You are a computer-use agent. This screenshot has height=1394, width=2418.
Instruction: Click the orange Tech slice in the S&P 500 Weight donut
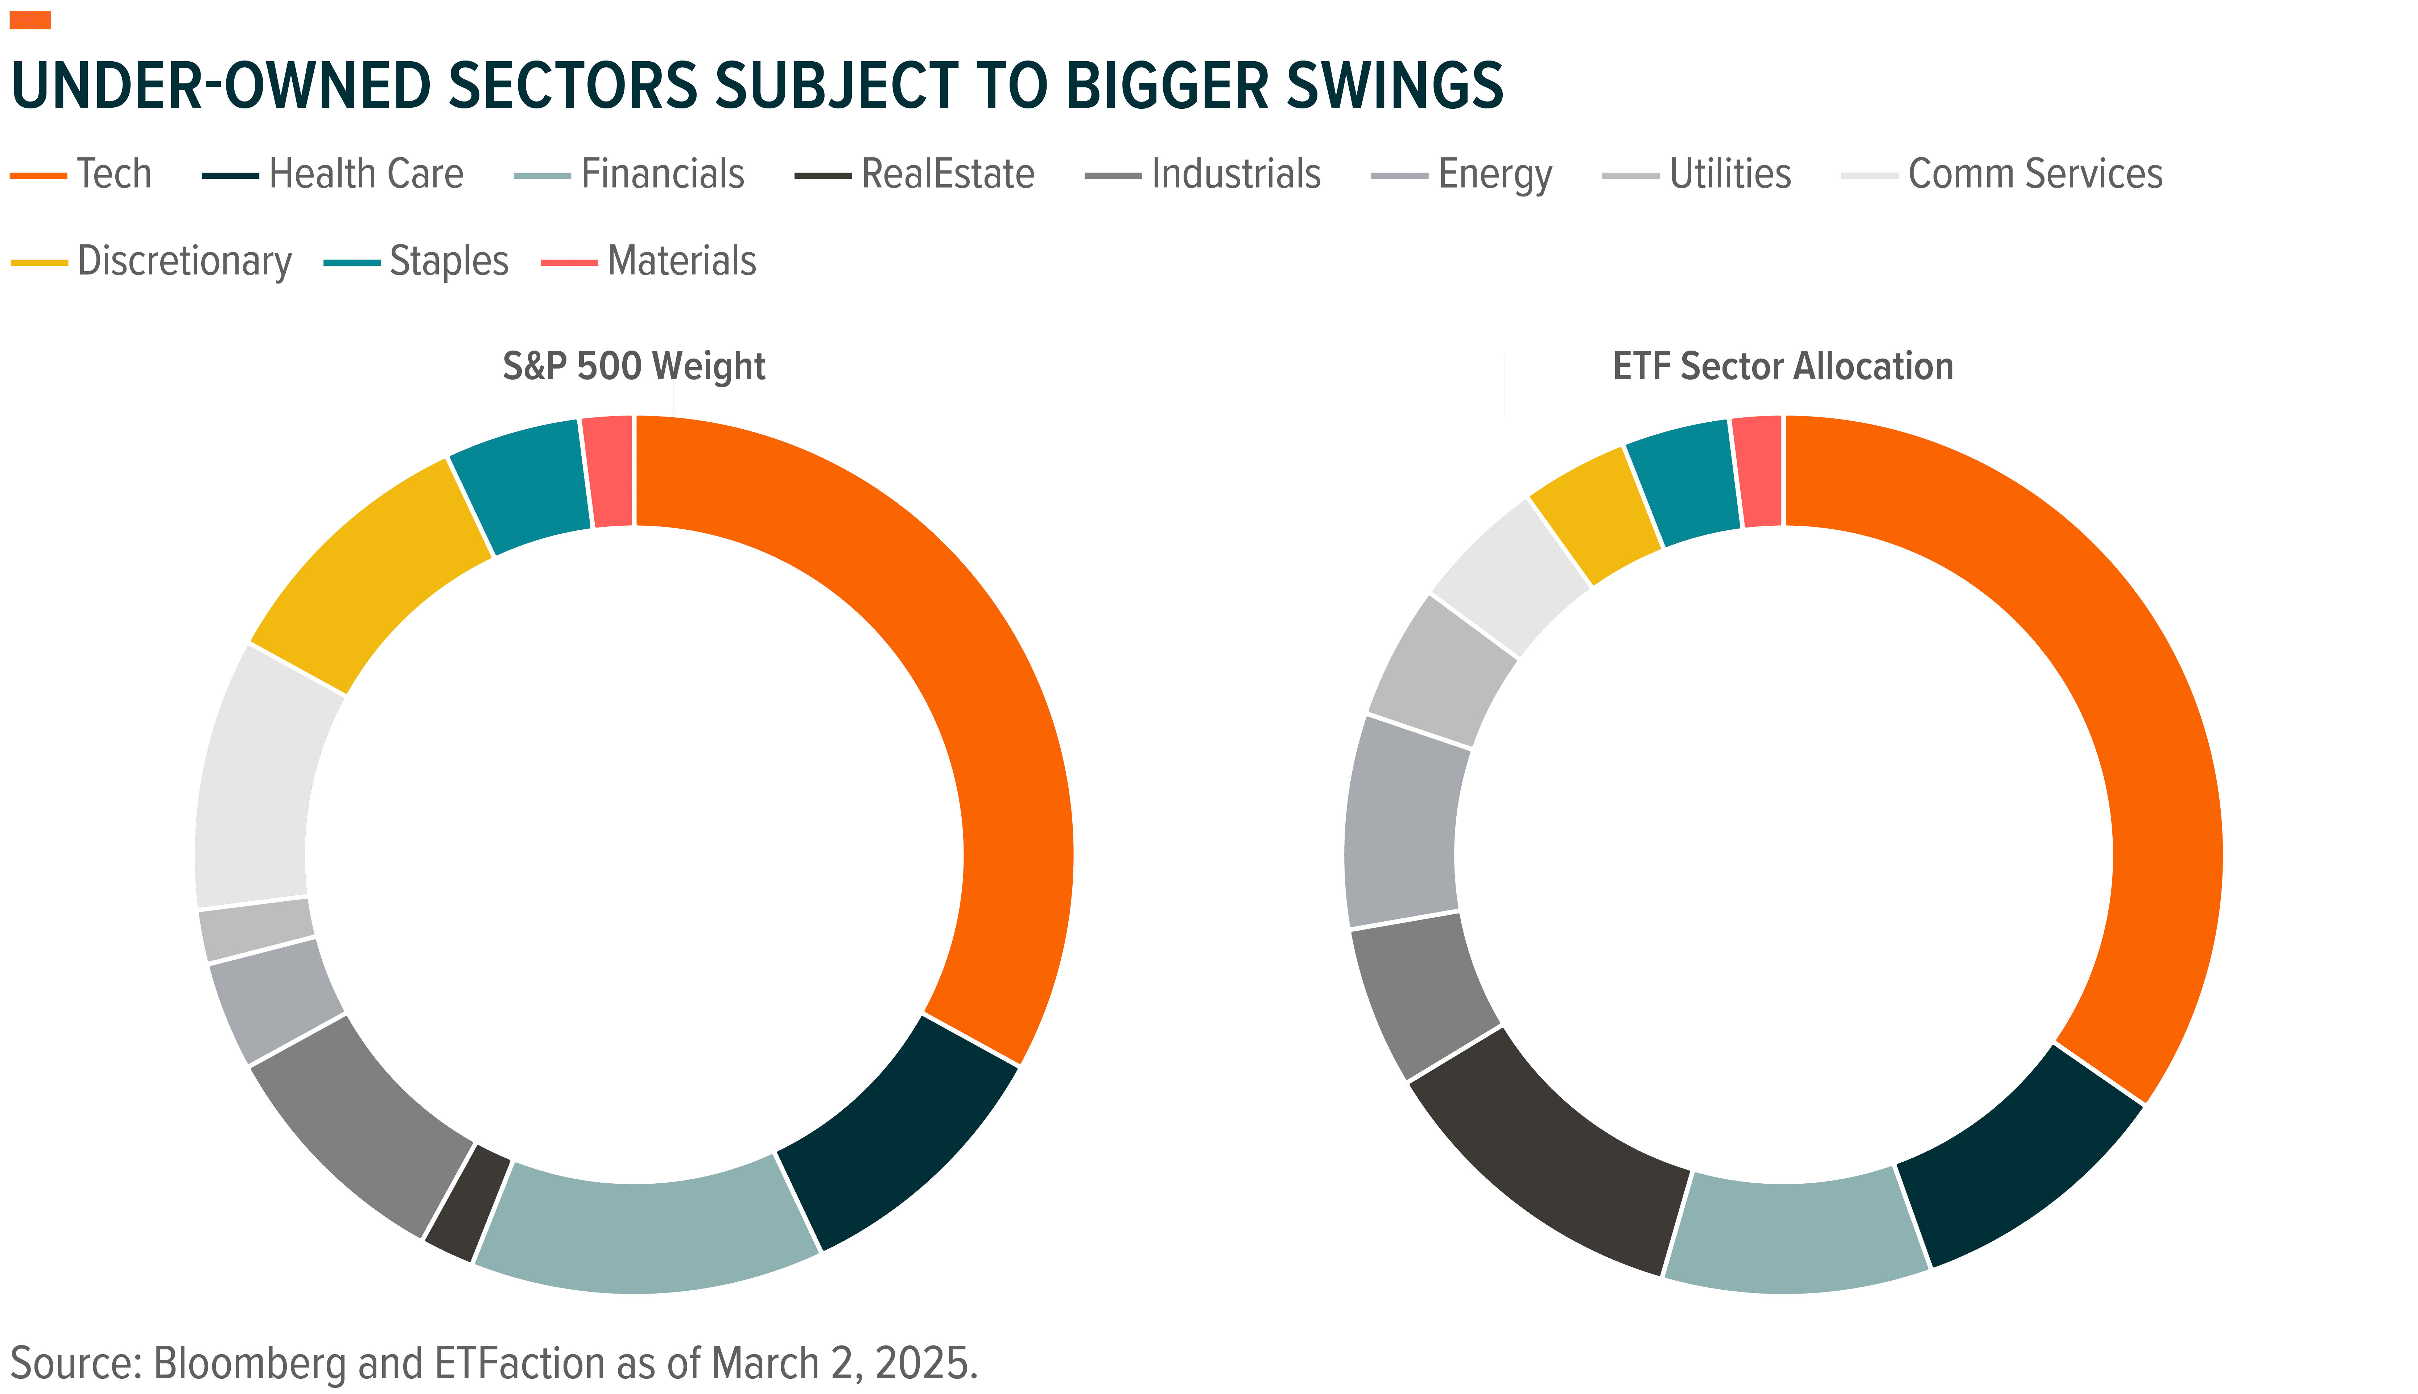pyautogui.click(x=977, y=670)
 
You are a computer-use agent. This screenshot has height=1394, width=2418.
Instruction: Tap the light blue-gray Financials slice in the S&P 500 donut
pyautogui.click(x=647, y=1235)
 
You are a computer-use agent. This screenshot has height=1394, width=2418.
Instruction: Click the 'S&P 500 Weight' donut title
pyautogui.click(x=634, y=367)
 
